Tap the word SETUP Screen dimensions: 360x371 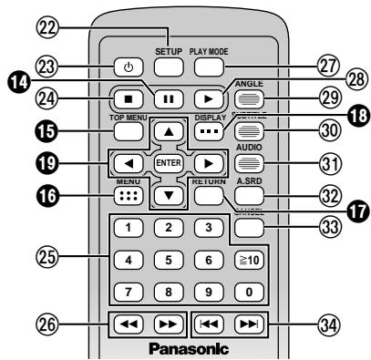click(169, 50)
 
